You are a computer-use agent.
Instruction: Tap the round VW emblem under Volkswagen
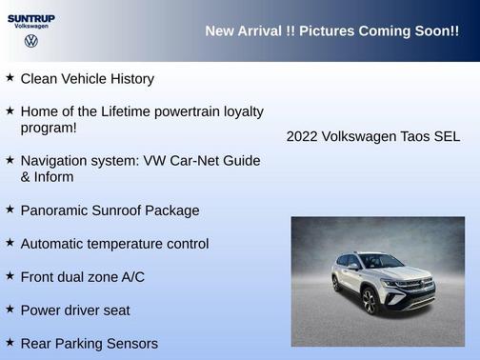(30, 42)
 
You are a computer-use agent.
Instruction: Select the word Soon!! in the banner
(436, 31)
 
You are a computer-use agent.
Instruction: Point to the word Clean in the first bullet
(39, 79)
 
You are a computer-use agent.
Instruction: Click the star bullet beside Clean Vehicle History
(10, 78)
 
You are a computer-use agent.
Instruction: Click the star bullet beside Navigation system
(10, 160)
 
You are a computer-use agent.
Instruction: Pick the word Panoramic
(56, 210)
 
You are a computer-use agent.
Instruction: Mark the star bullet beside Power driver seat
(10, 310)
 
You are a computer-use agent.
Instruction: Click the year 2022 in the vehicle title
(303, 137)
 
